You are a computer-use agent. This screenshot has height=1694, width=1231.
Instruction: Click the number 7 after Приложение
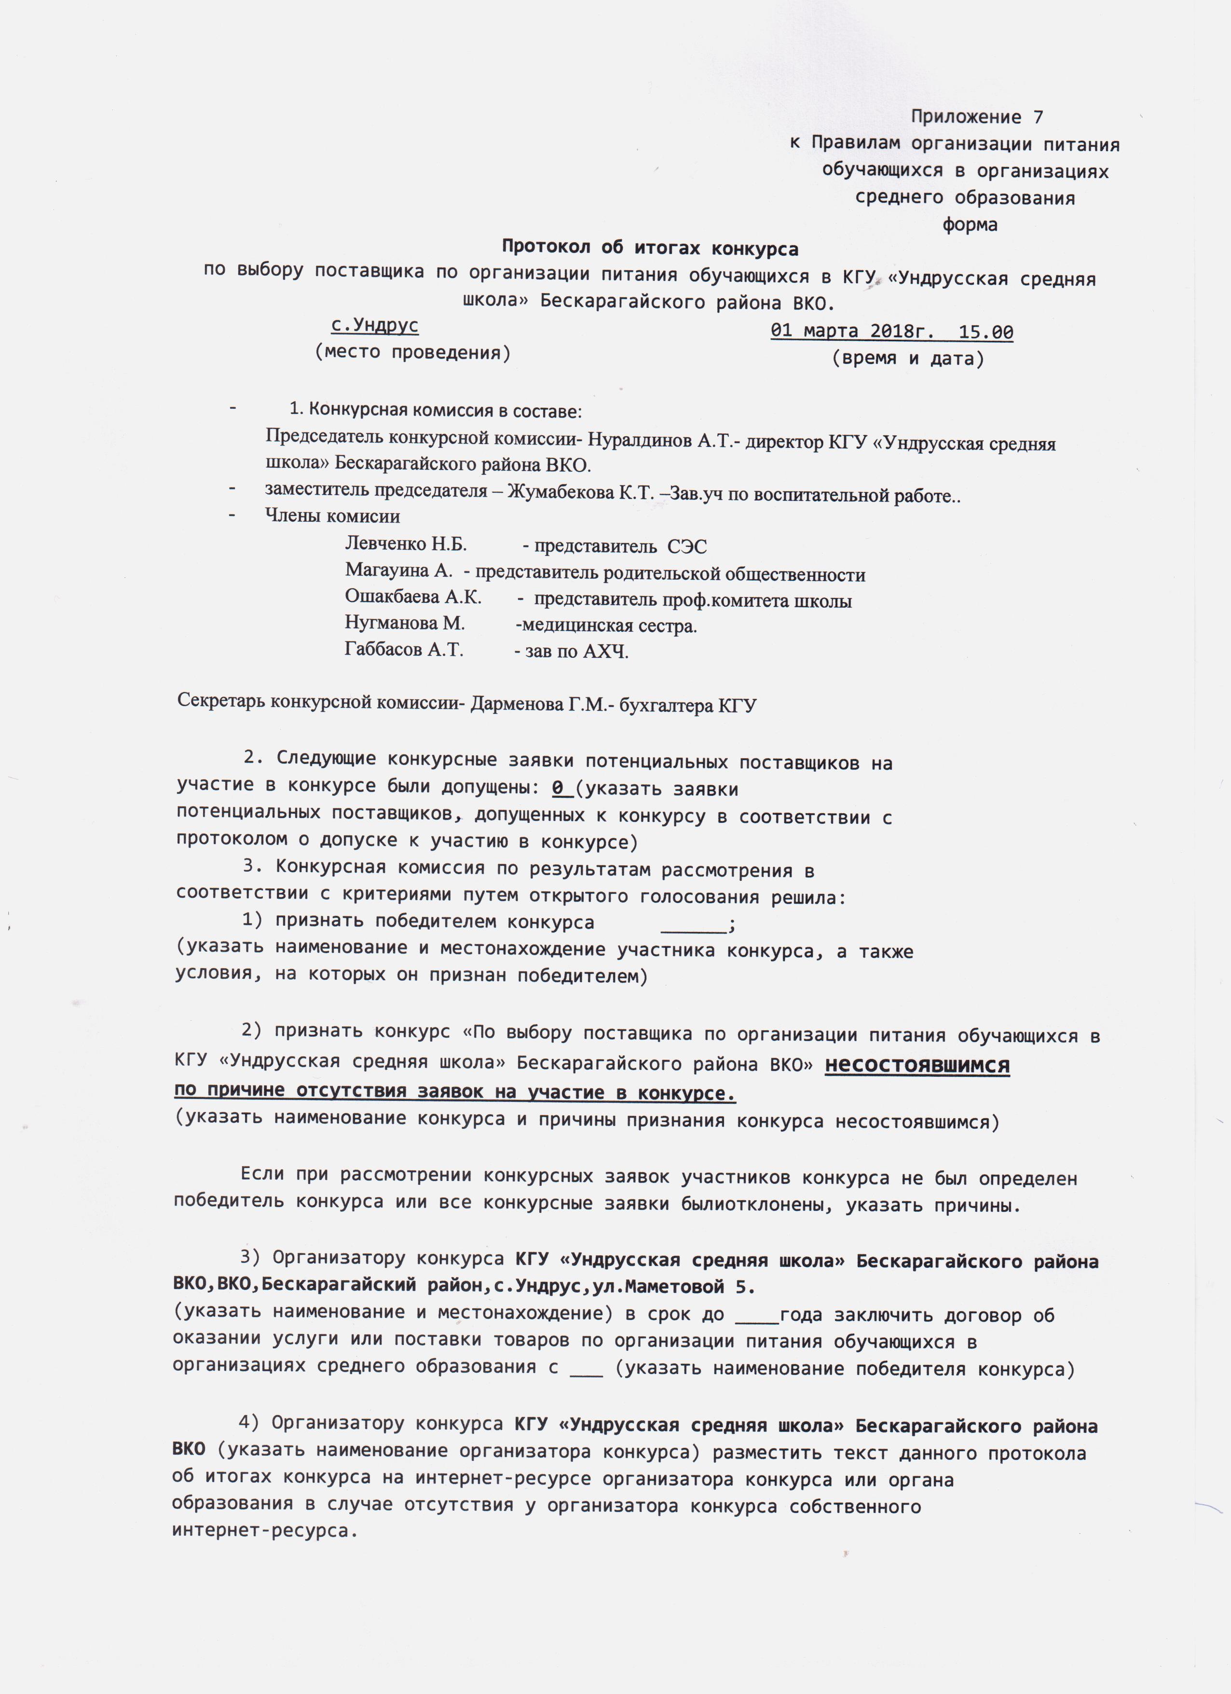1038,117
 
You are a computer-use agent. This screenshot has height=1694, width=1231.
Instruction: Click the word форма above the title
970,225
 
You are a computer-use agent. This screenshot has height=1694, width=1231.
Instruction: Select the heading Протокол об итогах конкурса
649,248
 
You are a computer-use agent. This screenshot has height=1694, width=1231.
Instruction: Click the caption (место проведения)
413,352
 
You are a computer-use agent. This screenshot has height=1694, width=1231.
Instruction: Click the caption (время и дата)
908,359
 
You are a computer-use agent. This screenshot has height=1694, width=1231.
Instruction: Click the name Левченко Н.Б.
405,544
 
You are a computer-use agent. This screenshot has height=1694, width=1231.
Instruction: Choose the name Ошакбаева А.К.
413,597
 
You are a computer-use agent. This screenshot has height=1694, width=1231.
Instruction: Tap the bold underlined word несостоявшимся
916,1065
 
